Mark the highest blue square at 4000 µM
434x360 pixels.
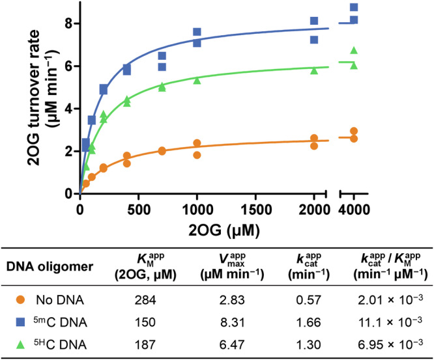pyautogui.click(x=354, y=8)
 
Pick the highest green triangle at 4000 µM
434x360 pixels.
pyautogui.click(x=354, y=50)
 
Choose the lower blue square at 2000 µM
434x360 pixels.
pyautogui.click(x=314, y=40)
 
